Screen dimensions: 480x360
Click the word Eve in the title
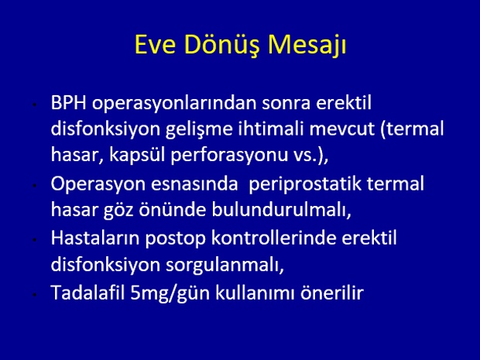point(155,45)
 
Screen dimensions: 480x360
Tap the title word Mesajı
point(307,46)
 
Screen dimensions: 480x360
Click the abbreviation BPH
point(69,102)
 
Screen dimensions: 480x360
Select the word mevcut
point(341,129)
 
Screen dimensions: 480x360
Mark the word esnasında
point(194,184)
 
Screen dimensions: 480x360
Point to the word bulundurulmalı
point(281,211)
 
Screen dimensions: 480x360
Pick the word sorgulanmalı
point(225,266)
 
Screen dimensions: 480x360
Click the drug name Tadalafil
point(87,293)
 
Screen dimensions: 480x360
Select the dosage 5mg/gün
point(170,293)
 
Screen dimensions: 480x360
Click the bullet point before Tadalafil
point(35,294)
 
